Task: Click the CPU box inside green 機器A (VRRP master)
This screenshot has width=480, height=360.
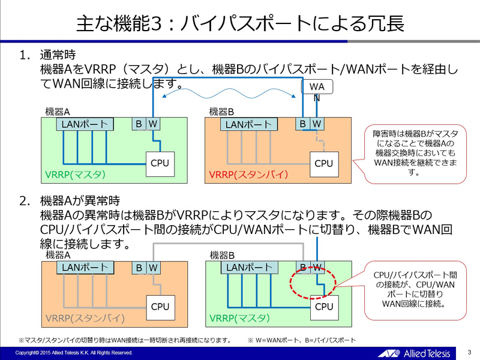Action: pyautogui.click(x=160, y=163)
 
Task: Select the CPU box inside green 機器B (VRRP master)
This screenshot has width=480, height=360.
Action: pyautogui.click(x=323, y=307)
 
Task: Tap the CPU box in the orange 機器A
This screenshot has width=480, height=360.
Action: pyautogui.click(x=160, y=307)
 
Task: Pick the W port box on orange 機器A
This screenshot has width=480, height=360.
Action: pyautogui.click(x=153, y=268)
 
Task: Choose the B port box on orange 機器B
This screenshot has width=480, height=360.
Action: pyautogui.click(x=302, y=124)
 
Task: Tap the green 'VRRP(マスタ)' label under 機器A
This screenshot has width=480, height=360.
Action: pyautogui.click(x=75, y=175)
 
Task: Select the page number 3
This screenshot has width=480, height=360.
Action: pyautogui.click(x=469, y=352)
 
